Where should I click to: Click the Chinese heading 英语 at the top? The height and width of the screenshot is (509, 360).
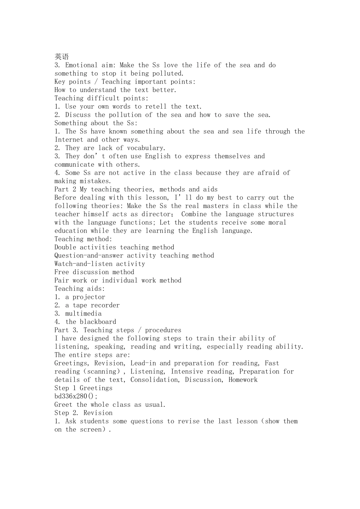point(62,57)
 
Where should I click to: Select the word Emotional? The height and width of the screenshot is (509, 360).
point(81,65)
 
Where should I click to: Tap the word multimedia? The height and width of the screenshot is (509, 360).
point(83,314)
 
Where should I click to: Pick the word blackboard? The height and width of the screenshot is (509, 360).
point(98,322)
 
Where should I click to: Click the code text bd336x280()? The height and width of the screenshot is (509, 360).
point(76,397)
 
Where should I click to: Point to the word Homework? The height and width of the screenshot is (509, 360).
point(243,380)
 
